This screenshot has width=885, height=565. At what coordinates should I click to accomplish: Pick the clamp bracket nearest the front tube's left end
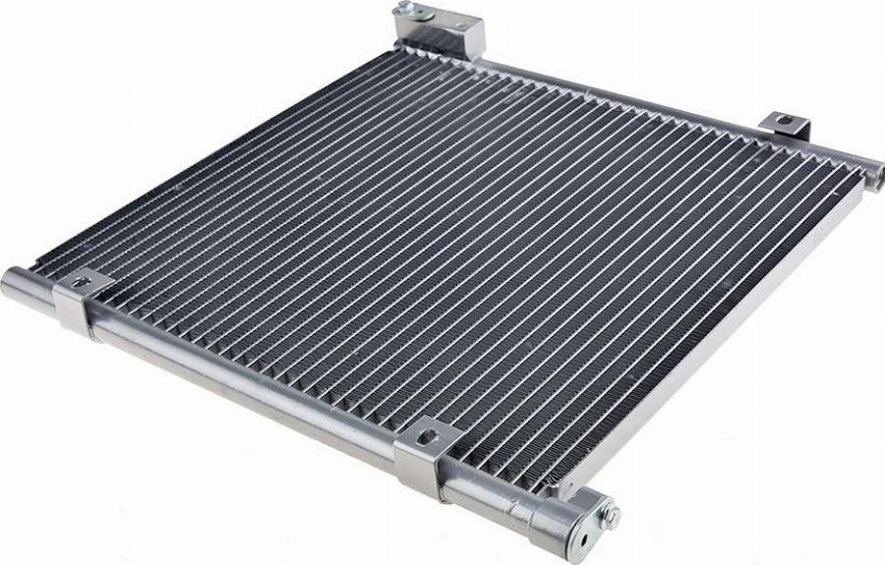(x=79, y=303)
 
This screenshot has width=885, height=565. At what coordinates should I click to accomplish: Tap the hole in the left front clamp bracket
(x=82, y=284)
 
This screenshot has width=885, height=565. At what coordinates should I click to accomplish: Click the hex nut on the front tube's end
(x=612, y=513)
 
